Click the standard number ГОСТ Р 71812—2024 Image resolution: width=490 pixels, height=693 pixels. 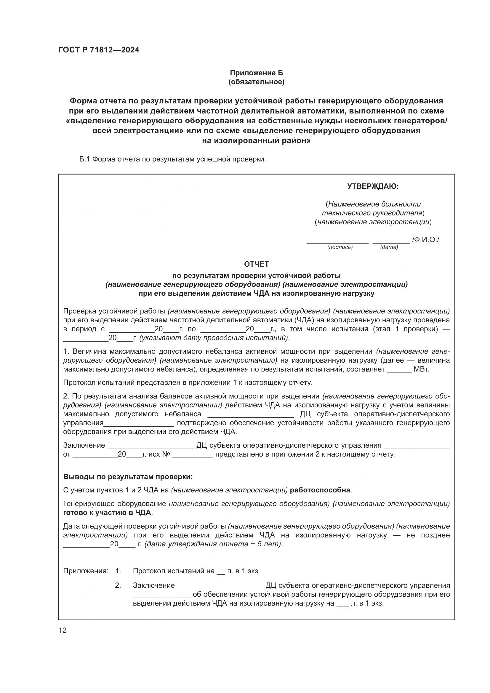point(99,50)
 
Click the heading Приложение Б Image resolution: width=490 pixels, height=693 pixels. point(257,73)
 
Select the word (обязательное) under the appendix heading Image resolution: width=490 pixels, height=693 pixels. point(257,82)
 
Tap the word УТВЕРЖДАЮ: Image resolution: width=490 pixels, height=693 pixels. point(373,187)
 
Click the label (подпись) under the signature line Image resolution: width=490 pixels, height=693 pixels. point(340,247)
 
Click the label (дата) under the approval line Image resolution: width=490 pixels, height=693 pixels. point(389,247)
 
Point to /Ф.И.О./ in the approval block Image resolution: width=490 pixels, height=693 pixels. point(425,240)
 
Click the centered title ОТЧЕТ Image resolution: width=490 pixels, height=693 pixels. point(256,264)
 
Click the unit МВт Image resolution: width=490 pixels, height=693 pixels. point(421,369)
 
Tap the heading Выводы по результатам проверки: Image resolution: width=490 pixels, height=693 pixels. point(128,477)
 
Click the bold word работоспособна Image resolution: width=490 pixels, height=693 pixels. point(320,490)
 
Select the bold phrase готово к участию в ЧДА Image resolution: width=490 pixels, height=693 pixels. point(108,513)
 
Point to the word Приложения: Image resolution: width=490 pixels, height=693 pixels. point(85,571)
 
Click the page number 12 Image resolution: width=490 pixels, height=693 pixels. point(63,630)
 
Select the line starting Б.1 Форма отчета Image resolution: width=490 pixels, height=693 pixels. point(173,159)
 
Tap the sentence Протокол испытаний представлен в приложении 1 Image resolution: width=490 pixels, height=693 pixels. point(187,383)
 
